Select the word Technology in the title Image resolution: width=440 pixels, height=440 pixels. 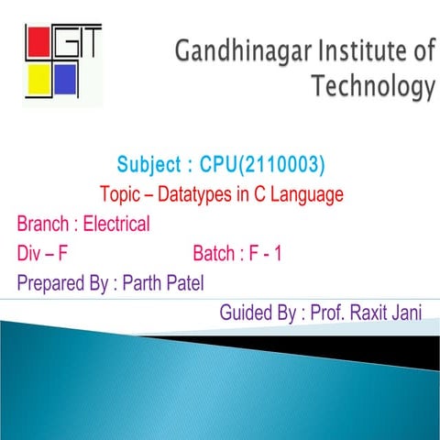(372, 87)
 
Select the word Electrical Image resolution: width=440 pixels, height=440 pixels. (116, 224)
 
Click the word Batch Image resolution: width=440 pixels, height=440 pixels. (217, 253)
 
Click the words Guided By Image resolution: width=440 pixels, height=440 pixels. (258, 313)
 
